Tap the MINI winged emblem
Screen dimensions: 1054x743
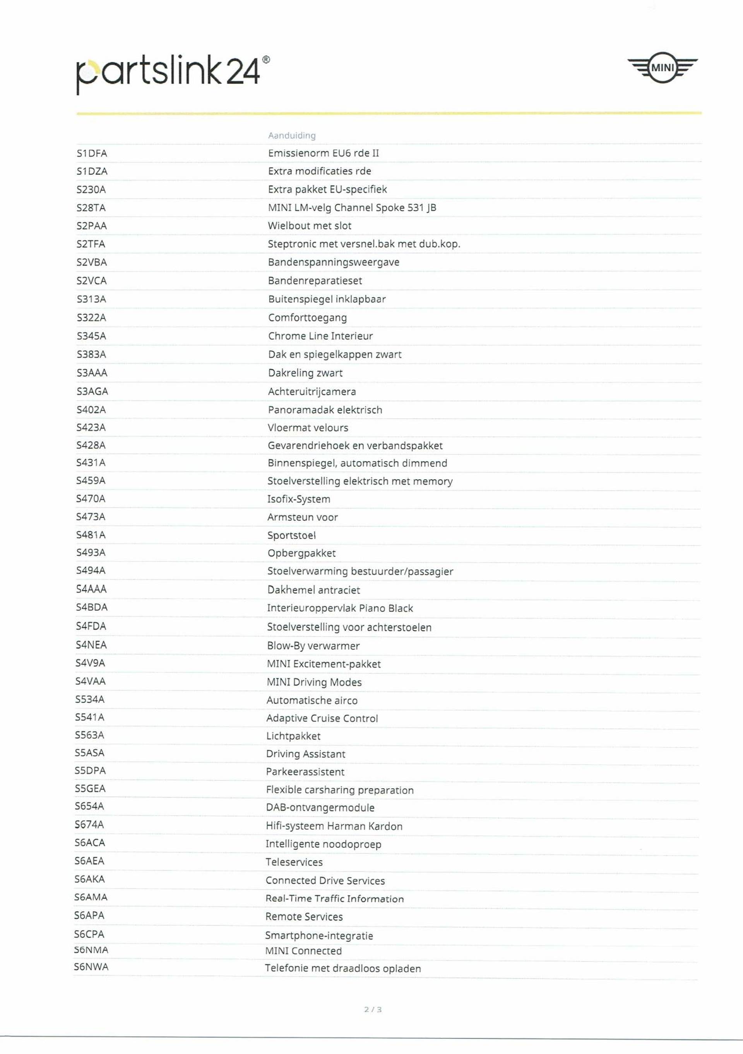[662, 68]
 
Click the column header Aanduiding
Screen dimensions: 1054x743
[292, 135]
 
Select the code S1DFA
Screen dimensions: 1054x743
[92, 153]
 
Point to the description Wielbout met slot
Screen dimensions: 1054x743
[310, 226]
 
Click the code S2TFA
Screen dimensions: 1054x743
[91, 244]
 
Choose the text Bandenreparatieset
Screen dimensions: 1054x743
[315, 280]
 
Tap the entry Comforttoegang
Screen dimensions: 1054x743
[307, 318]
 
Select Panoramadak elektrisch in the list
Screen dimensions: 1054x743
[325, 410]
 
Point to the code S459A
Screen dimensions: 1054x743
[91, 481]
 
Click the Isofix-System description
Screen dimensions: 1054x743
[298, 499]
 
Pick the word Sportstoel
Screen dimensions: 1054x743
[292, 535]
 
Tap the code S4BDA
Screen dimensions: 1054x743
[91, 607]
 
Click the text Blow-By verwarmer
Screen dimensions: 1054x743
[313, 646]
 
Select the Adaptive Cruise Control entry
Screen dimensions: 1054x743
[322, 718]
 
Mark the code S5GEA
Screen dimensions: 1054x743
[90, 789]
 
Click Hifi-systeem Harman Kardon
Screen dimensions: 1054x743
[334, 826]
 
